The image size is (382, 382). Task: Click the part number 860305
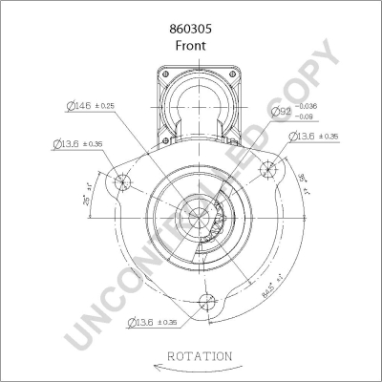191,30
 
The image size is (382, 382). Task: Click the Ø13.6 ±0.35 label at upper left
79,144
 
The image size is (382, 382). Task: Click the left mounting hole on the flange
121,183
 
